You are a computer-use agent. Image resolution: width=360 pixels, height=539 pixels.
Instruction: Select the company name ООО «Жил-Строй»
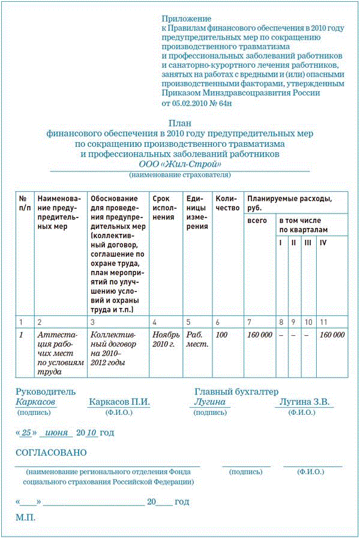(180, 164)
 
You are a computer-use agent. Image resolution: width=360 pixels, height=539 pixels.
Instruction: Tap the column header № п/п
(25, 203)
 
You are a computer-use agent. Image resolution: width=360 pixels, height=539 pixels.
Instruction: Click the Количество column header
(227, 203)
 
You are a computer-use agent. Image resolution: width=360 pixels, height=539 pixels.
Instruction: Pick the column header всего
(257, 221)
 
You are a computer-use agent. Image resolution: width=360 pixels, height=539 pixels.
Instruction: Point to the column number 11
(323, 323)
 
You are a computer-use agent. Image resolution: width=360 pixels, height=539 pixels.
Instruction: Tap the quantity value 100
(222, 335)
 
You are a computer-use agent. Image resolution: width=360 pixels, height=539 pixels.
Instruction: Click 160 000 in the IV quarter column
(332, 335)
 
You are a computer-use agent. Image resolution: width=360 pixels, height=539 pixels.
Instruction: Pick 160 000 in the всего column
(259, 335)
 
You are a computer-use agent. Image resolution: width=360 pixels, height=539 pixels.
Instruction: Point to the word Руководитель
(46, 392)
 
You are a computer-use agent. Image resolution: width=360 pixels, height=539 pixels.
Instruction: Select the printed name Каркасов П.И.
(119, 402)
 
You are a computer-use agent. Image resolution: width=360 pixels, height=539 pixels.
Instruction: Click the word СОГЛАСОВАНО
(51, 452)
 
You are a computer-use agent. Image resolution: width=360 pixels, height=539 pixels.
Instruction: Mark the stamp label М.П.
(26, 517)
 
